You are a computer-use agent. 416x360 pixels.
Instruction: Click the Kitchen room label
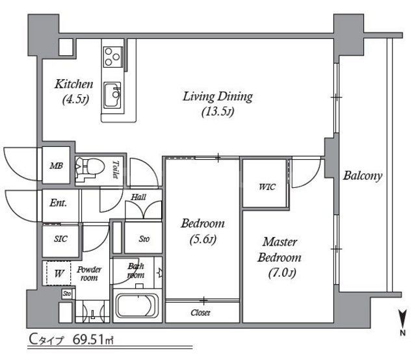[x=74, y=84]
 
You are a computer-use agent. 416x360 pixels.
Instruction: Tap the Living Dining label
[x=218, y=97]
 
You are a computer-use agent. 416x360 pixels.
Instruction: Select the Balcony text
[x=363, y=176]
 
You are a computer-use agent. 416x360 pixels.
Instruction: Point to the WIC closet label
[x=267, y=186]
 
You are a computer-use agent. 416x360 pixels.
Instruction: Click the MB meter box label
[x=57, y=166]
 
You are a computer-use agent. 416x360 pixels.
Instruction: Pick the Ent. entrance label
[x=58, y=203]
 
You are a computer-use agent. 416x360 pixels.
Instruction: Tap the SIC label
[x=60, y=239]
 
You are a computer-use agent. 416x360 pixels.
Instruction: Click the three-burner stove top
[x=112, y=57]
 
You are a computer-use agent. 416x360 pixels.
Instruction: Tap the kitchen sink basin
[x=112, y=95]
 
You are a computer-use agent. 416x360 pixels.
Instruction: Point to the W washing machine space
[x=58, y=274]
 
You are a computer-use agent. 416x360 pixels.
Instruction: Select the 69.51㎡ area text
[x=93, y=340]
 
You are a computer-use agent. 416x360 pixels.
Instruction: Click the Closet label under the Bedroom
[x=200, y=313]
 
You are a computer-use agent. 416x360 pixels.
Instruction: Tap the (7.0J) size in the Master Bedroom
[x=282, y=272]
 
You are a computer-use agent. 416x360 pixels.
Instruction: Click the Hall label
[x=138, y=197]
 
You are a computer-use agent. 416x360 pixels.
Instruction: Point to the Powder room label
[x=89, y=274]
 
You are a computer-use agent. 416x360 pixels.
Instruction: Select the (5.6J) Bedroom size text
[x=203, y=240]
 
